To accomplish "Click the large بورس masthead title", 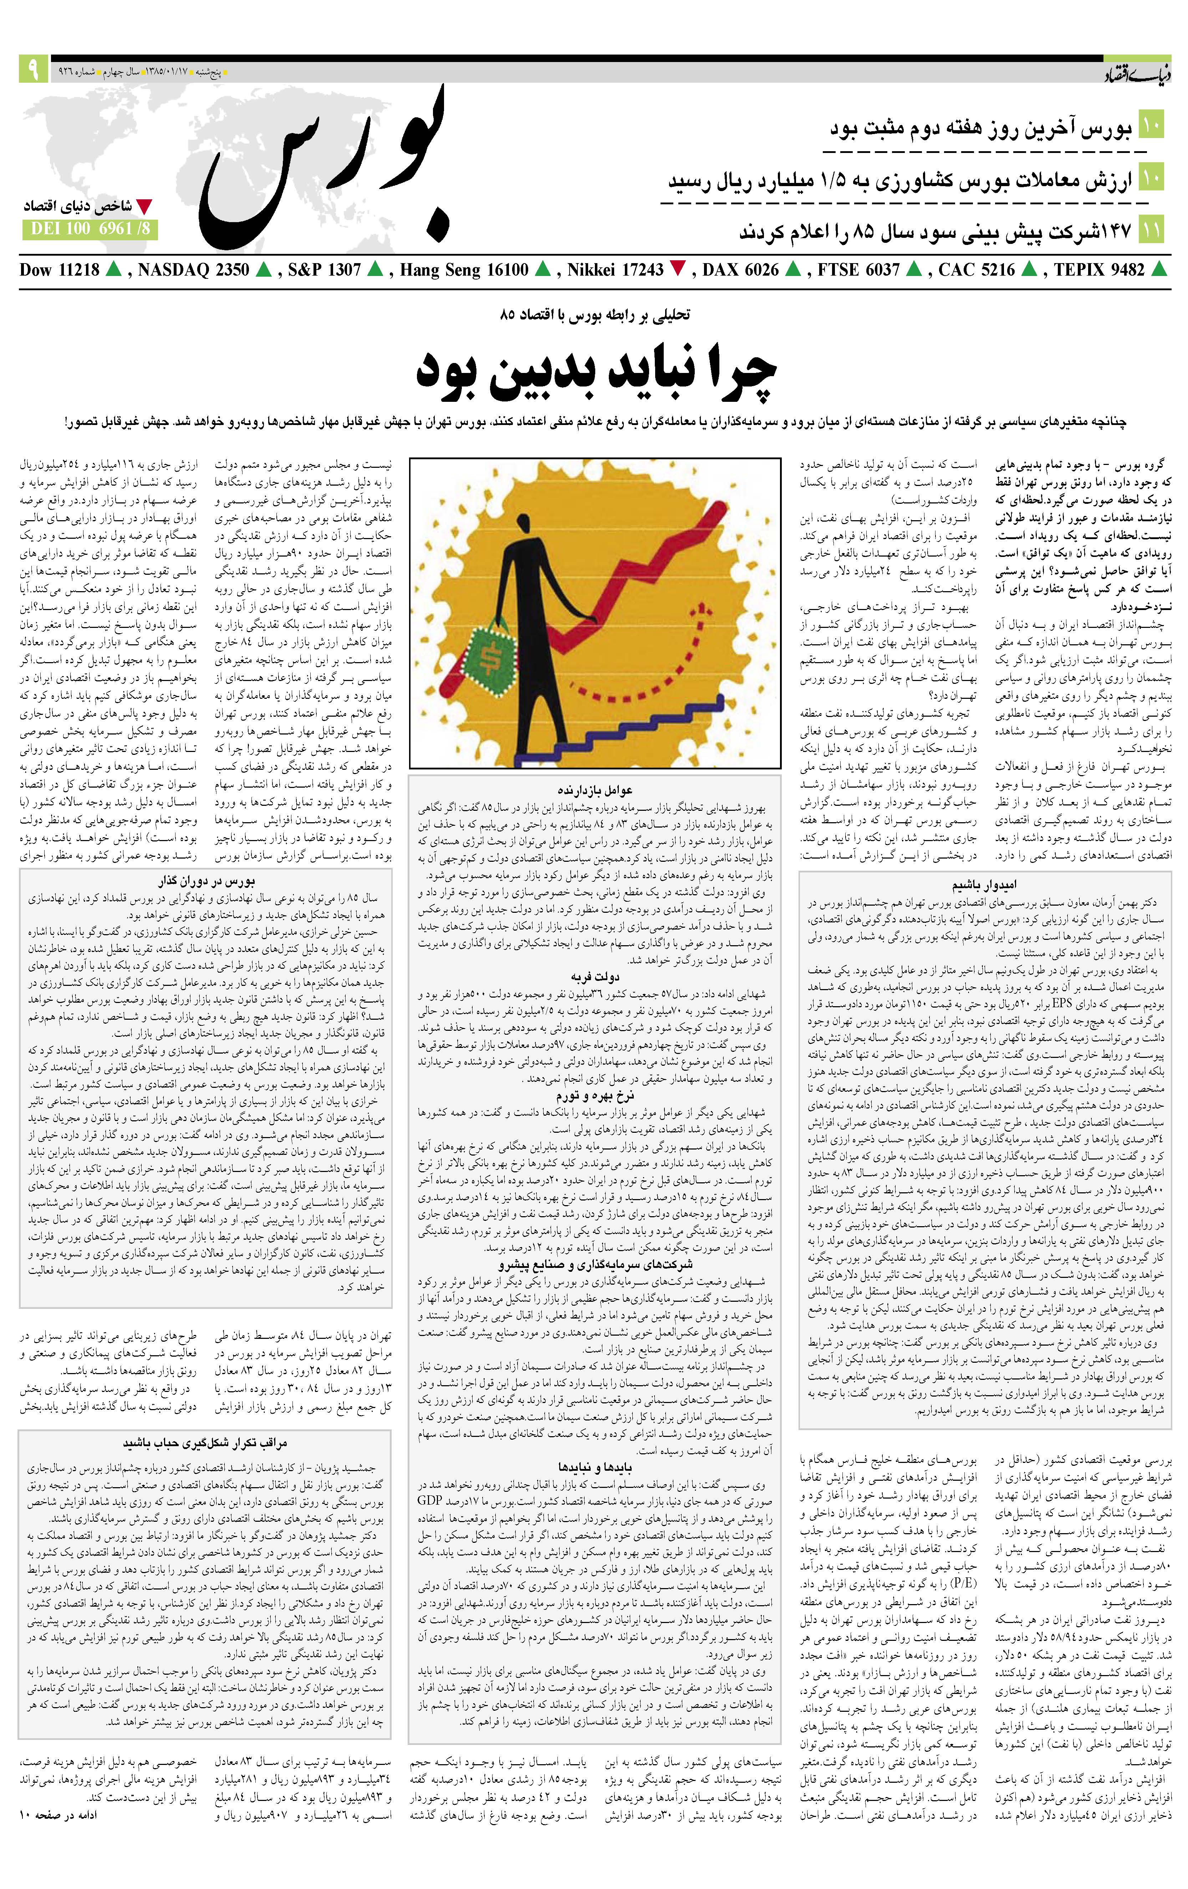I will [x=322, y=169].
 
